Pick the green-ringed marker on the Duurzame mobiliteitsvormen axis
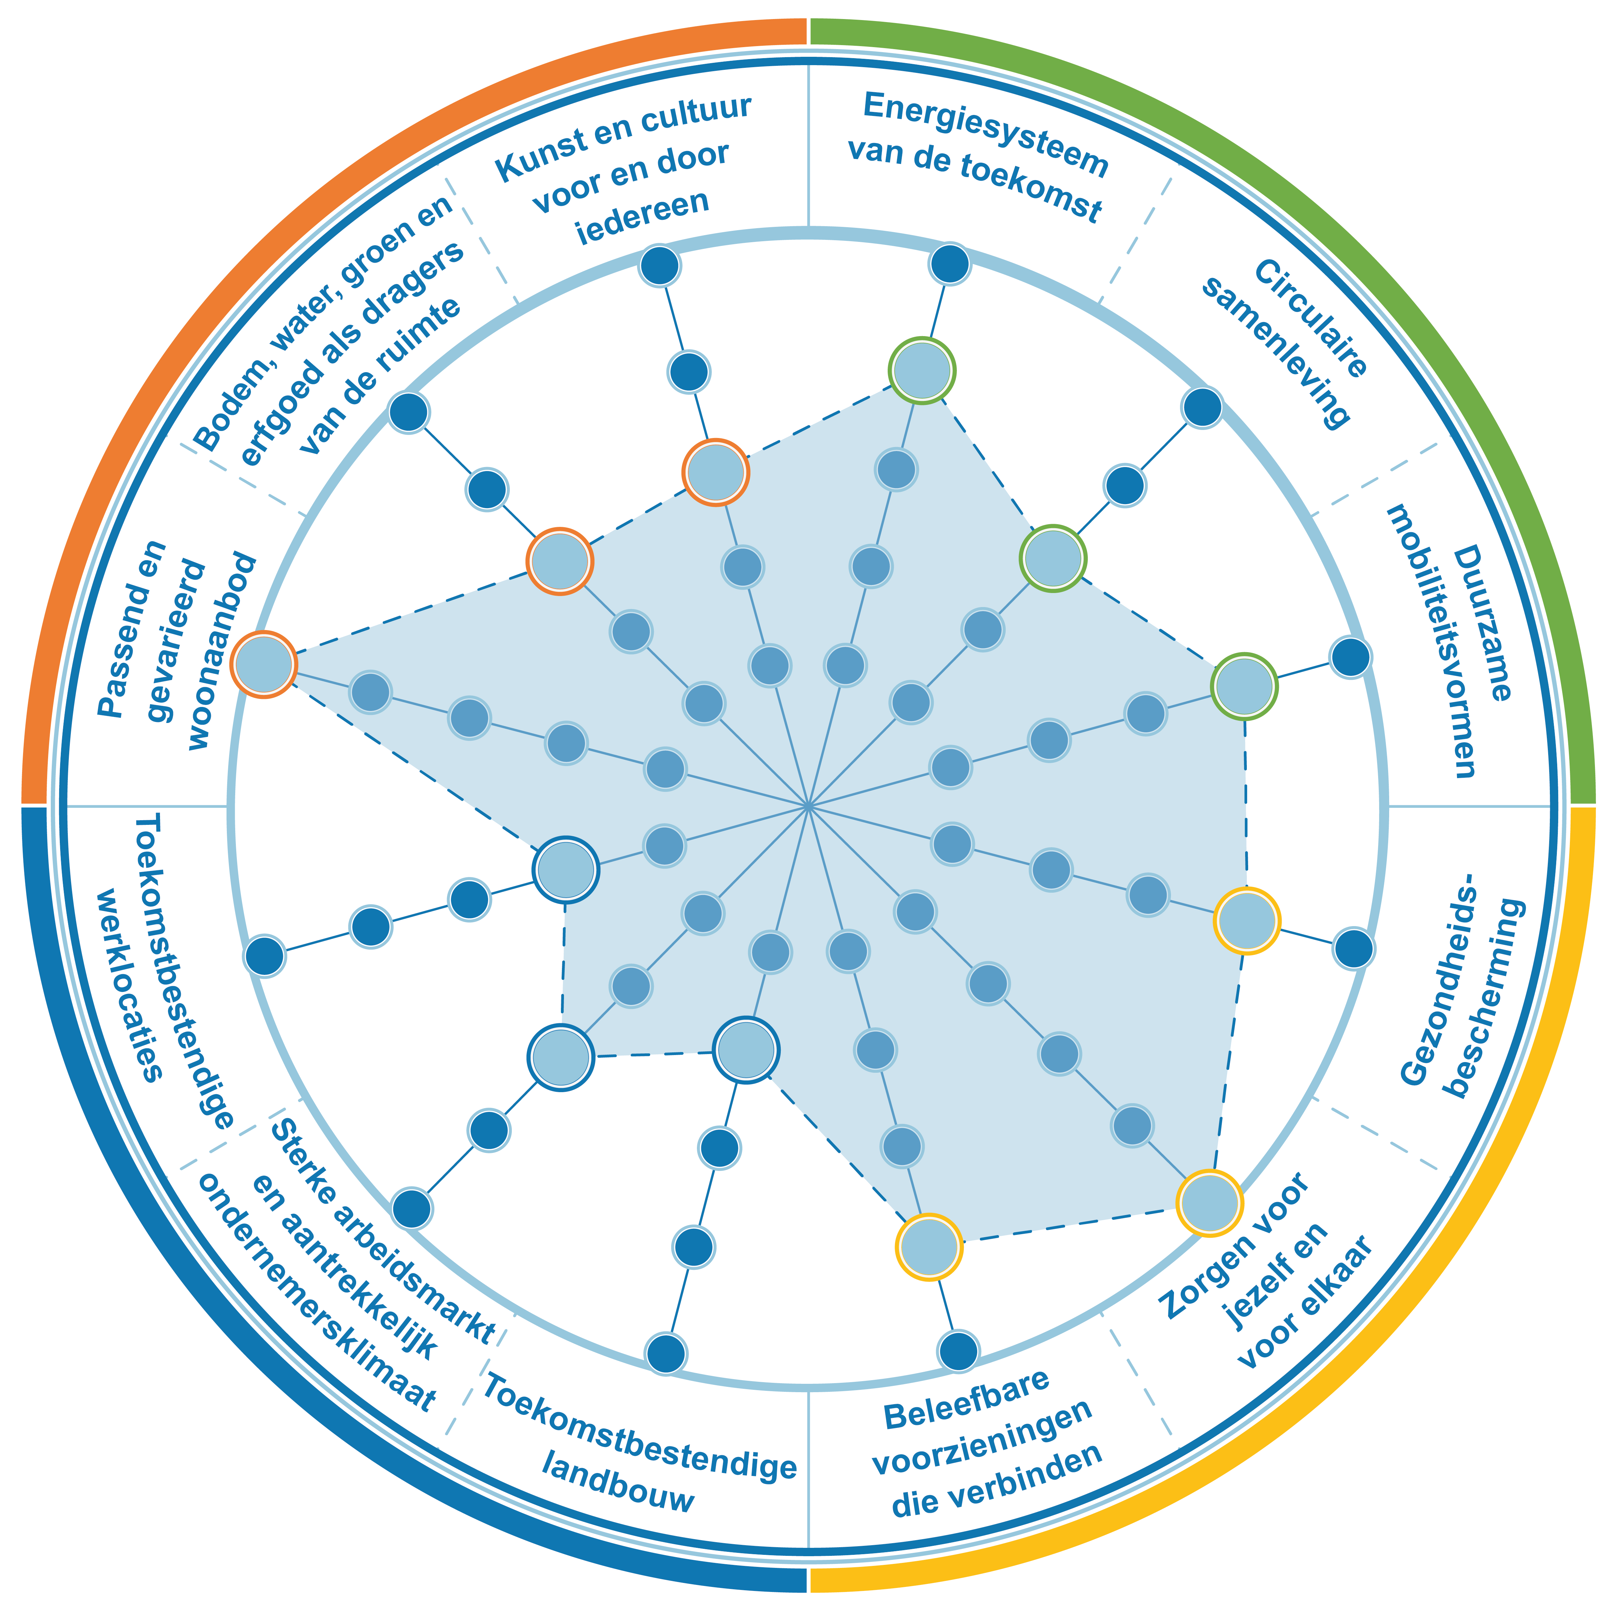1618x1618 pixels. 1244,687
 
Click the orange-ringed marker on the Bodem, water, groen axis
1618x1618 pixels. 560,561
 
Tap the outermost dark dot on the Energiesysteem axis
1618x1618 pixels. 950,264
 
